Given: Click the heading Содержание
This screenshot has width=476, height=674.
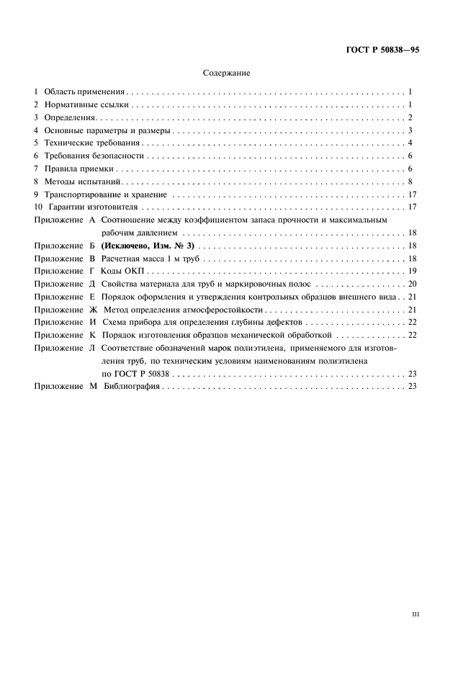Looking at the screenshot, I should pyautogui.click(x=227, y=73).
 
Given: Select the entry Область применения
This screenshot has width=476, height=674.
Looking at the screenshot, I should pyautogui.click(x=85, y=92).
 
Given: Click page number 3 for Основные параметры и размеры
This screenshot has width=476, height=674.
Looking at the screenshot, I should pyautogui.click(x=409, y=131).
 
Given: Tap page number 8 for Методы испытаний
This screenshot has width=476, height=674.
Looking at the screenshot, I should pyautogui.click(x=409, y=181).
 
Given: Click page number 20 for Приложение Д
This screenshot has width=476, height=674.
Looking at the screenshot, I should pyautogui.click(x=407, y=284).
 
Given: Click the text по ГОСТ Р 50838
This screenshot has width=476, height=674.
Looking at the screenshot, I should pyautogui.click(x=135, y=374).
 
